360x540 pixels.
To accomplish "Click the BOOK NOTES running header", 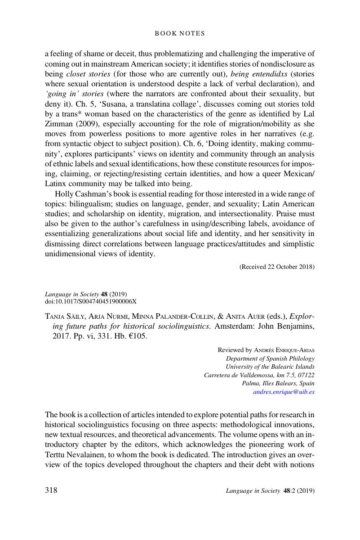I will click(180, 33).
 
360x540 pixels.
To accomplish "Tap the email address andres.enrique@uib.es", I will click(284, 392).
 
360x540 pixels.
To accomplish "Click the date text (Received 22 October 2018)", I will click(277, 267).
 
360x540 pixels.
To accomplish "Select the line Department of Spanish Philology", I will click(270, 358).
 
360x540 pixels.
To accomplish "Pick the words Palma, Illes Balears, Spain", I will click(278, 383).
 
